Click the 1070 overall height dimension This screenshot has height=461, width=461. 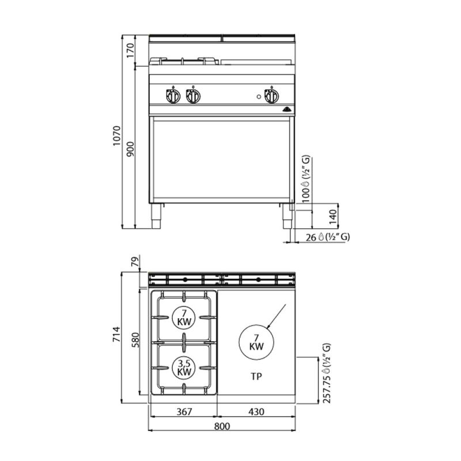pyautogui.click(x=117, y=136)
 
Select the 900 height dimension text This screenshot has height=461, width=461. pyautogui.click(x=130, y=149)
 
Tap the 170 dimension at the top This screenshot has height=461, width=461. pyautogui.click(x=130, y=50)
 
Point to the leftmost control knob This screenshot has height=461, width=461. pyautogui.click(x=173, y=96)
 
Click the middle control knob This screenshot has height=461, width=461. pyautogui.click(x=193, y=96)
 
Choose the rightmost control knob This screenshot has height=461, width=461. pyautogui.click(x=271, y=96)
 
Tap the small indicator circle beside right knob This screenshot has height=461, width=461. pyautogui.click(x=259, y=96)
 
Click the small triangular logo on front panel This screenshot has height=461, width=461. pyautogui.click(x=286, y=109)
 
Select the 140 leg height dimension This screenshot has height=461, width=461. pyautogui.click(x=332, y=217)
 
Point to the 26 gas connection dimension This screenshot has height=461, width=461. pyautogui.click(x=311, y=237)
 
